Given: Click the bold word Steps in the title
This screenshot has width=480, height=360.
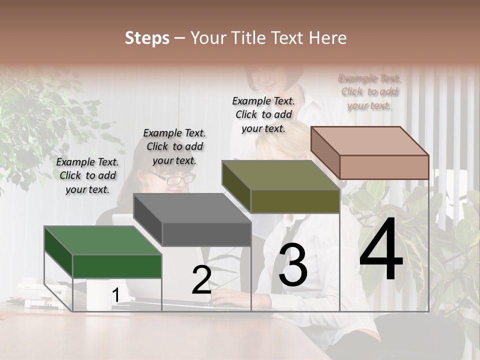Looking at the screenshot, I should [147, 38].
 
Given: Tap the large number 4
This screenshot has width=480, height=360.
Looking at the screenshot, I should [381, 249].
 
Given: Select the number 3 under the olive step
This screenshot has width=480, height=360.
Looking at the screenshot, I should [293, 265].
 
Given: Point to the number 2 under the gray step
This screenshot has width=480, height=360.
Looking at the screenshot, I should [201, 280].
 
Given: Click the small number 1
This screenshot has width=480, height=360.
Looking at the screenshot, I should [115, 296].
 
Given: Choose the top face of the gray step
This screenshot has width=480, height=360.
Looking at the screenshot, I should [192, 208].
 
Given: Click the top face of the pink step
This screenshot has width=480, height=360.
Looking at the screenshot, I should [370, 140].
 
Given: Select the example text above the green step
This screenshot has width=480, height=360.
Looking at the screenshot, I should [88, 175].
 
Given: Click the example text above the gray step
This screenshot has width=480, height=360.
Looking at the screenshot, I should [174, 146].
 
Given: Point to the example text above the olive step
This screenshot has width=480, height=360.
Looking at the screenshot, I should [263, 114].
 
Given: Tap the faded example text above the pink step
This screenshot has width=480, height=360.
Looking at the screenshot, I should [369, 91].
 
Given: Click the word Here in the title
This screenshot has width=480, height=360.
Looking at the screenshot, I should [328, 38].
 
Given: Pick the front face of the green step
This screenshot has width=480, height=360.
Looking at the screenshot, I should [117, 266].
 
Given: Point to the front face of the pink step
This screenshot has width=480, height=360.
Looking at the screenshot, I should [384, 167].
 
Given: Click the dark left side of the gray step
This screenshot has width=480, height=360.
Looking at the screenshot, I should [148, 220].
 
